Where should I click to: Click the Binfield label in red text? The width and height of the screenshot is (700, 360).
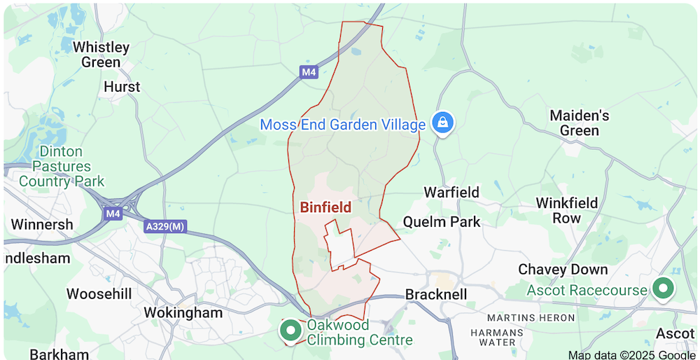(325, 207)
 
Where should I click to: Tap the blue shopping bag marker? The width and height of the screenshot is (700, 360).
(442, 123)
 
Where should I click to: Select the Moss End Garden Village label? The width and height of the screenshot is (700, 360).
(343, 125)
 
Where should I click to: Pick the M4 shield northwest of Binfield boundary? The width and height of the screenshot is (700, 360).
(309, 72)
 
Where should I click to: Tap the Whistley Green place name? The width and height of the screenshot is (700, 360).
(101, 55)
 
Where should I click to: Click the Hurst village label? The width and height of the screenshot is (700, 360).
(122, 87)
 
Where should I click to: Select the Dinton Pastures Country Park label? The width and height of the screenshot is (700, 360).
(62, 166)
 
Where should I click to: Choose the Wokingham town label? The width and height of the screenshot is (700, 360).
(183, 312)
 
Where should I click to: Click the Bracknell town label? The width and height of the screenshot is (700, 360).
(436, 294)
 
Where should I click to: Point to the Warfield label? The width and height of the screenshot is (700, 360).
(451, 192)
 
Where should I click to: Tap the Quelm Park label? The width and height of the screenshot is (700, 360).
(442, 222)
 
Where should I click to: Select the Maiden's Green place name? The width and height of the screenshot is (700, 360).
(579, 123)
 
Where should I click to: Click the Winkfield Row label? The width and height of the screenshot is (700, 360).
(567, 210)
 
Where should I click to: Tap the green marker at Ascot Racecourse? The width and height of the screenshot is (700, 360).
(662, 288)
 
